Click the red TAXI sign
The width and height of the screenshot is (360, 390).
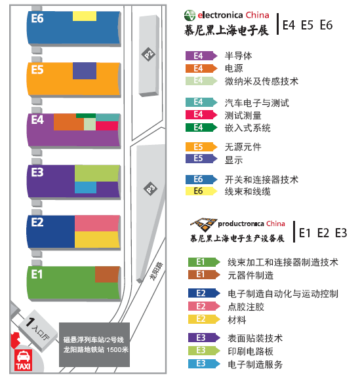click(24, 360)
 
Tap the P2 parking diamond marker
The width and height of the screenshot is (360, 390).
click(149, 54)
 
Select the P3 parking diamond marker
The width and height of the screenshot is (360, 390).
click(151, 189)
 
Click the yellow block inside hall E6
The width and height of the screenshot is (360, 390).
click(85, 16)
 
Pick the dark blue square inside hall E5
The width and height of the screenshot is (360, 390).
click(85, 71)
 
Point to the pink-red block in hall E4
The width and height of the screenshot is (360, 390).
click(107, 126)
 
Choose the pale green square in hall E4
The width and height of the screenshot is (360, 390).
click(90, 124)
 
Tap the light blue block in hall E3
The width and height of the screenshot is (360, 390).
click(86, 187)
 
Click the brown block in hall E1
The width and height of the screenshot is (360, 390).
click(108, 275)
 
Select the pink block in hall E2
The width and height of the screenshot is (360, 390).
click(97, 224)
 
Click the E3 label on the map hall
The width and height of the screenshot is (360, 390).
click(37, 172)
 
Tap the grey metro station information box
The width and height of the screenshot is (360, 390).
click(94, 345)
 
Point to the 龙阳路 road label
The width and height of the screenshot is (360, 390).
click(157, 271)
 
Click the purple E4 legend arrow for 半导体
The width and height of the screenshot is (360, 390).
click(201, 56)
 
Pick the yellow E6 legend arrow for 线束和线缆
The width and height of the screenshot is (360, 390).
click(201, 191)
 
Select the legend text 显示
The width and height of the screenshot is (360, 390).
click(233, 160)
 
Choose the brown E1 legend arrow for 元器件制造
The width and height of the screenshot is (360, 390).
click(204, 275)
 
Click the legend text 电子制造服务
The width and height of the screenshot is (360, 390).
click(255, 364)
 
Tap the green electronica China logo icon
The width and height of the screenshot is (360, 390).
click(190, 16)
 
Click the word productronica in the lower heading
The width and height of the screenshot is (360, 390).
click(241, 224)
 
